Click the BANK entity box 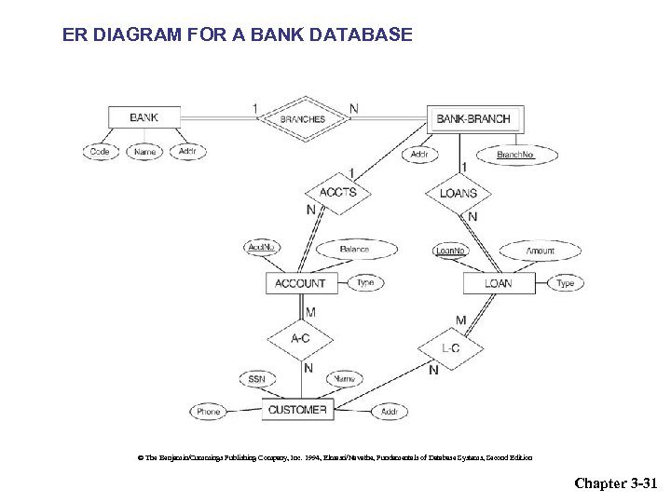[x=143, y=117]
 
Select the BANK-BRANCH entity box [x=473, y=118]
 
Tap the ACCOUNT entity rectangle [x=300, y=282]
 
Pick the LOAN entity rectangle [x=499, y=282]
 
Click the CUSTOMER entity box [x=297, y=410]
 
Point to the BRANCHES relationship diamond [x=303, y=118]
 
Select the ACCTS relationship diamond [x=337, y=193]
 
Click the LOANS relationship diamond [x=458, y=194]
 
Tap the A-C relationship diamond [x=300, y=338]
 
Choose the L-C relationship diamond [x=450, y=348]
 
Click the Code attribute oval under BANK [x=99, y=151]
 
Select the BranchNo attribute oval [x=515, y=155]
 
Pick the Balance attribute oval [x=354, y=250]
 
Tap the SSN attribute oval [x=256, y=379]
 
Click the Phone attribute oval [x=209, y=412]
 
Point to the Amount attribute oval [x=540, y=251]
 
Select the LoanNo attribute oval [x=451, y=251]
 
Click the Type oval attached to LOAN [x=566, y=282]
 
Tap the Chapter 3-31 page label [x=616, y=483]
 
